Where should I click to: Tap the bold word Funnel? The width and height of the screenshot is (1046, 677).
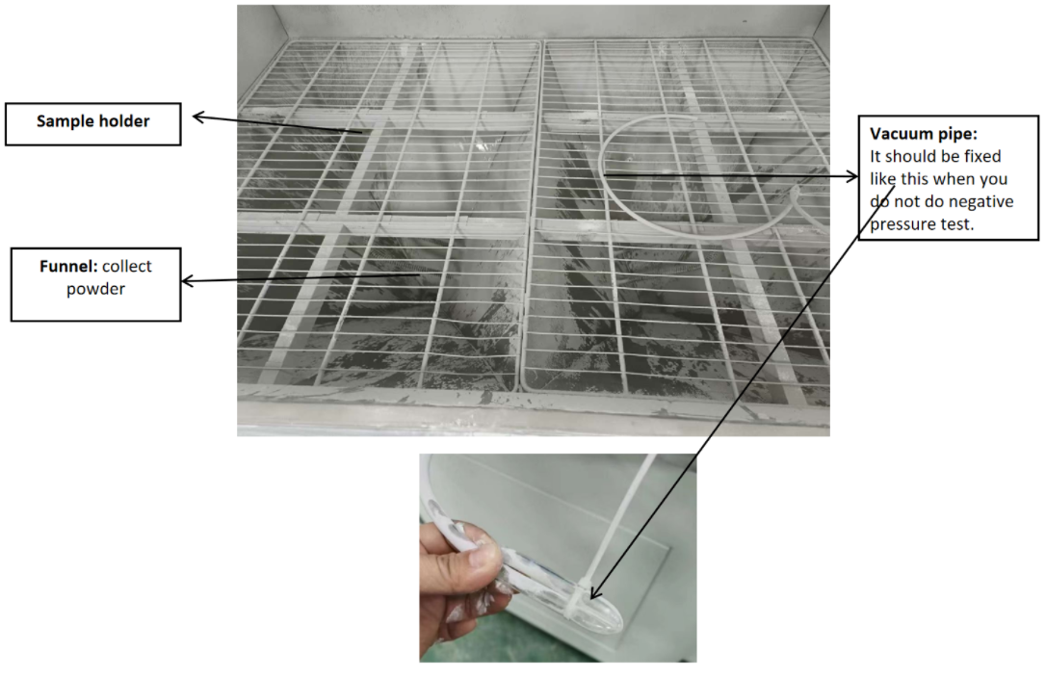[68, 266]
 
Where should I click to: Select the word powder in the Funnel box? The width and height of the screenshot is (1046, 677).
[95, 290]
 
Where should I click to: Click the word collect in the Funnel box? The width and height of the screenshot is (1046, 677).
[127, 266]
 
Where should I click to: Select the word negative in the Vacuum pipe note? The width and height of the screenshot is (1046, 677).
[981, 201]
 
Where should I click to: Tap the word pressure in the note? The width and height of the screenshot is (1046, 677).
[900, 224]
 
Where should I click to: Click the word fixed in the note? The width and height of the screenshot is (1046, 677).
[982, 156]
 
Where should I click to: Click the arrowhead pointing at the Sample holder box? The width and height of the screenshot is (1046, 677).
[198, 118]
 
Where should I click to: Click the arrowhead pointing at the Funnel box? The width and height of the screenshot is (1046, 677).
[188, 281]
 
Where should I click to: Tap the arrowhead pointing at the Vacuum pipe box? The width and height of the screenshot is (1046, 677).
[851, 176]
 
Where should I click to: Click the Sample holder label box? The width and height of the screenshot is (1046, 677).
[92, 124]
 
